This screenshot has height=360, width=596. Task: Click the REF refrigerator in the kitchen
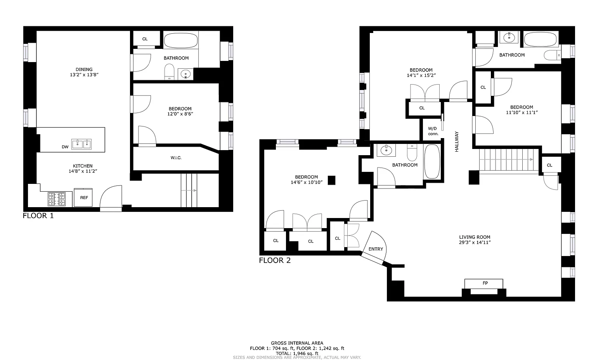(83, 197)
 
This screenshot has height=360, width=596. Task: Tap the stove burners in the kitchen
(57, 199)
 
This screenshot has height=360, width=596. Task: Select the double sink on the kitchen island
(81, 144)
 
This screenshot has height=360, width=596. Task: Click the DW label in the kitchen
(65, 147)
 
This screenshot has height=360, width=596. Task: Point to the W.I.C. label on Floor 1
(176, 158)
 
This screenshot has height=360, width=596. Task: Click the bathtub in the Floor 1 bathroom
(181, 40)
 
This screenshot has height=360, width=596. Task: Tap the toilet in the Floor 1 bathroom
(169, 72)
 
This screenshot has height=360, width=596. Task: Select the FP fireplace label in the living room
(485, 283)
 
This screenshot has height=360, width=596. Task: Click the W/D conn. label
(433, 131)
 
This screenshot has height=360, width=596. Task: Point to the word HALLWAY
(457, 142)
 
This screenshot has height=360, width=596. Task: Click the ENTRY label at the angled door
(376, 249)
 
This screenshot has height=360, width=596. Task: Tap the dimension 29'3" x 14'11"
(475, 242)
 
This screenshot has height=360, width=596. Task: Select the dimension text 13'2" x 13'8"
(84, 75)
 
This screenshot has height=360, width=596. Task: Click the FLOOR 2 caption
(275, 260)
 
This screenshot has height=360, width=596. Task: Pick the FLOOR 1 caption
(38, 216)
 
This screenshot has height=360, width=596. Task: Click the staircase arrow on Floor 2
(506, 159)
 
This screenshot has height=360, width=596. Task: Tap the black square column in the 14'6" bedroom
(331, 180)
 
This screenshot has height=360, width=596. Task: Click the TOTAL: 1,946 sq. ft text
(297, 354)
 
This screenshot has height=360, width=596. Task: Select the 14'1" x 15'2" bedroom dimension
(421, 75)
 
